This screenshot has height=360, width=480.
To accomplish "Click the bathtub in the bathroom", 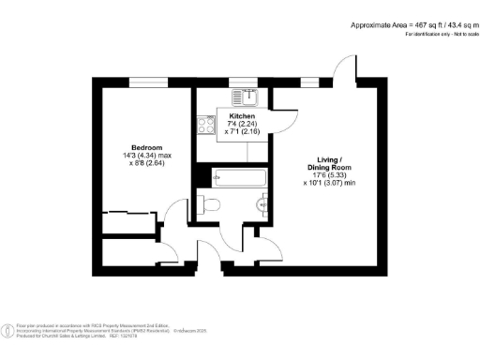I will click(x=240, y=176).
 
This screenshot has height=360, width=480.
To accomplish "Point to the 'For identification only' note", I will click(x=437, y=34).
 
